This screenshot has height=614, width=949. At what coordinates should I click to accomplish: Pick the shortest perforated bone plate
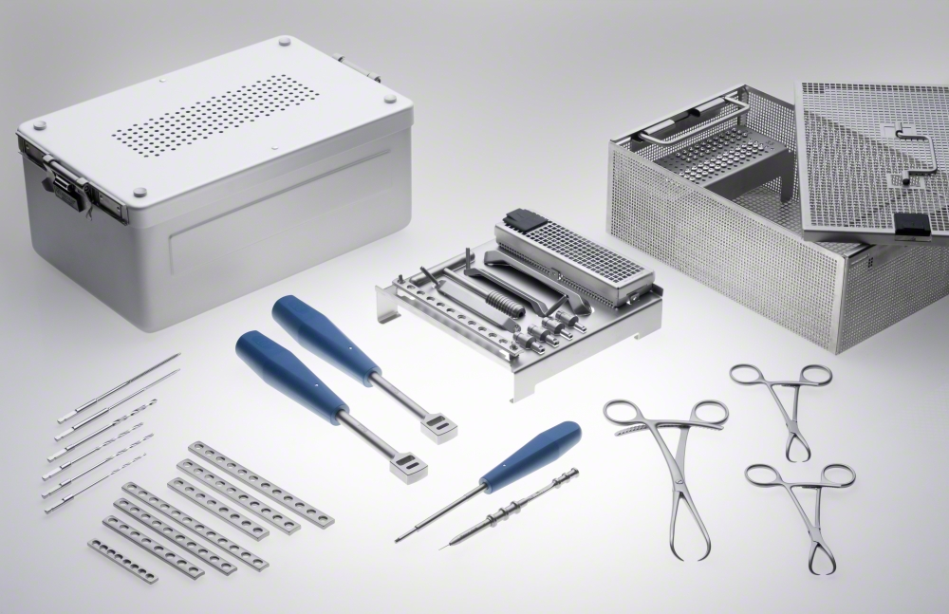point(122,560)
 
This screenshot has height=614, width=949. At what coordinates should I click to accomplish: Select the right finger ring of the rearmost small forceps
point(813,375)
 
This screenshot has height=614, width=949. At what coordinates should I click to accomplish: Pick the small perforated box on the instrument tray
point(575,257)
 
